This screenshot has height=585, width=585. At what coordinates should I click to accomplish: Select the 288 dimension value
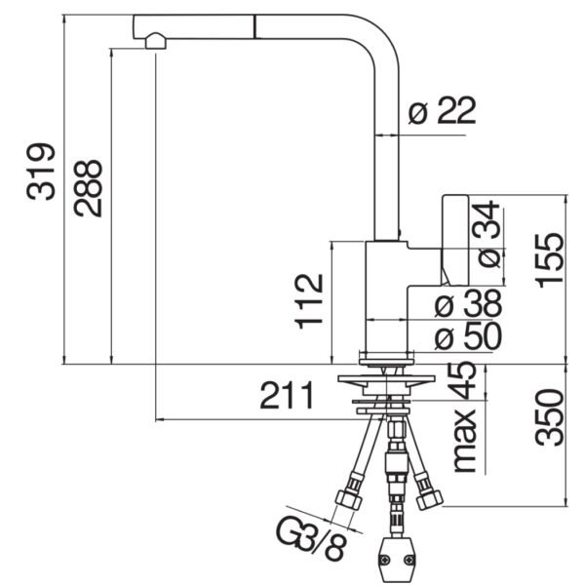(88, 187)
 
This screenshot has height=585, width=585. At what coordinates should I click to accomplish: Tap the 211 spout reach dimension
(287, 397)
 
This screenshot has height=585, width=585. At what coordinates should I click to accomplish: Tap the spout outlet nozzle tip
(153, 41)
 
